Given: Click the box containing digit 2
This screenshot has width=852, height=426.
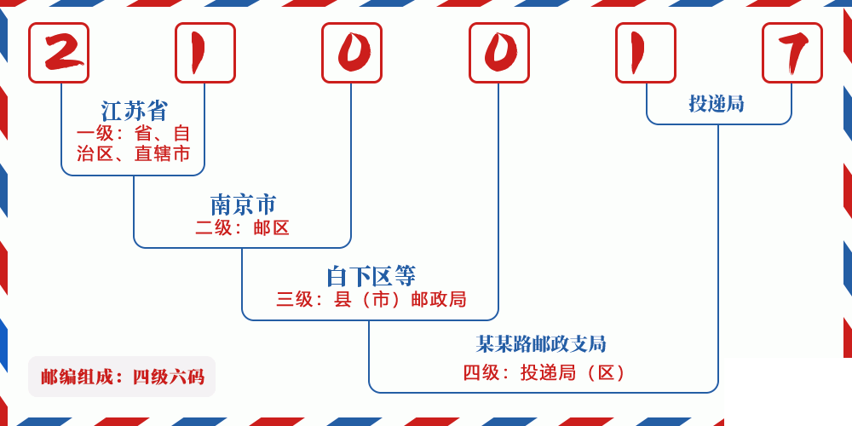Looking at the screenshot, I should point(59,53).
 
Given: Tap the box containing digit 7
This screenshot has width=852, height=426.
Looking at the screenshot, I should point(792,53).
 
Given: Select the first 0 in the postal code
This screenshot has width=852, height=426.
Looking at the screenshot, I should point(352,53).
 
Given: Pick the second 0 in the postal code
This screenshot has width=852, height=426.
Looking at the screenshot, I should point(499,53).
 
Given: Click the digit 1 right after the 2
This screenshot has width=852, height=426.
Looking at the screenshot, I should point(205,53).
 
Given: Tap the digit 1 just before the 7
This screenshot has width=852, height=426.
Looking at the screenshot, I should point(646,53).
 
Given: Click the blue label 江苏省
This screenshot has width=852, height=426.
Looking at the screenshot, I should point(135,111).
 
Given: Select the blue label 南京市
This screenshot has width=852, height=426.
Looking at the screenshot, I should point(243,204).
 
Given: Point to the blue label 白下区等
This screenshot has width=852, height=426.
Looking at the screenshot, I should point(371,276).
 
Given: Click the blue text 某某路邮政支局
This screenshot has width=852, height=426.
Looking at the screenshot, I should point(541,344).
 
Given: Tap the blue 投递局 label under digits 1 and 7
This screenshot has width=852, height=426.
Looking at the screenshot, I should point(717,104).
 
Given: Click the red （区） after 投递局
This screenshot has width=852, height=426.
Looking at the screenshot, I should point(607,372).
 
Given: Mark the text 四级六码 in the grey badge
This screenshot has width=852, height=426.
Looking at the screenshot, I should point(168,377).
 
